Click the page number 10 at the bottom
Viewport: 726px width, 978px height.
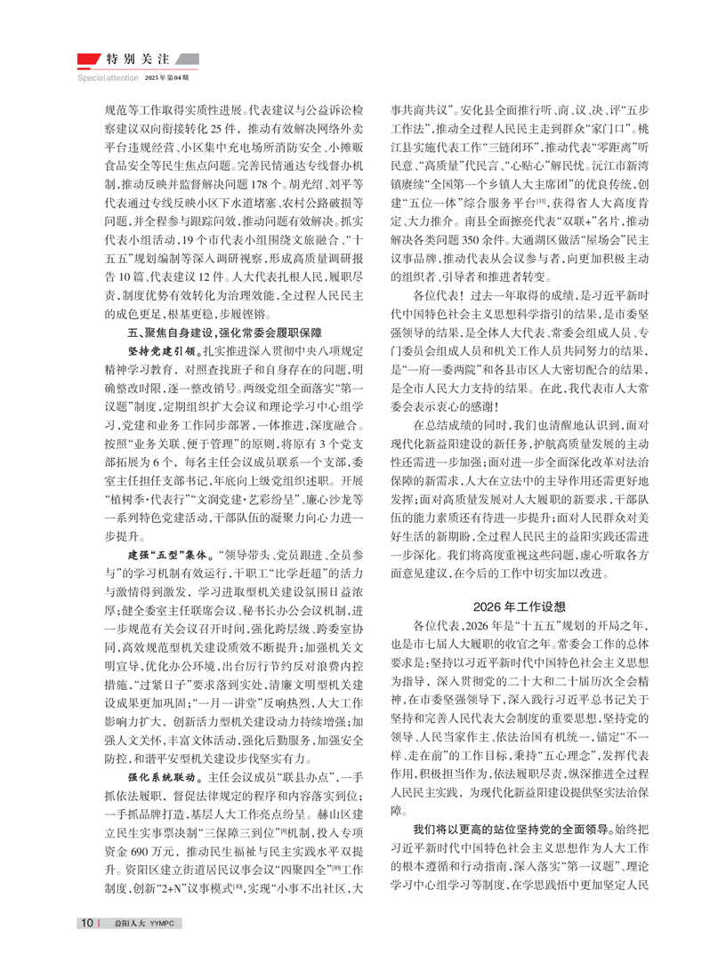pos(87,946)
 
